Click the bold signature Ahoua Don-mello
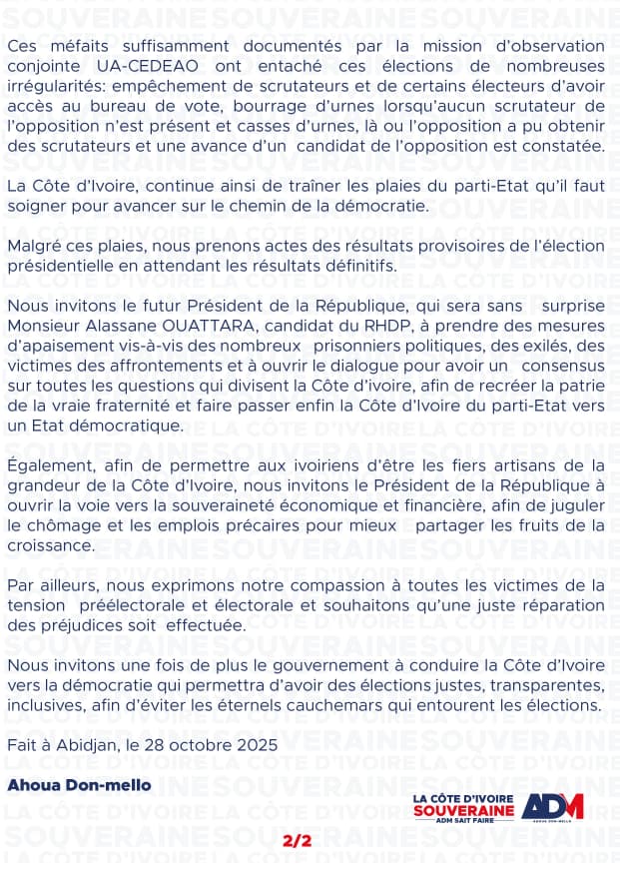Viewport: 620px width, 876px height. pos(79,784)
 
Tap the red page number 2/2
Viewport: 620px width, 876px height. pos(298,841)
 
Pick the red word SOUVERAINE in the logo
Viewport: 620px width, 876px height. pos(464,809)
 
